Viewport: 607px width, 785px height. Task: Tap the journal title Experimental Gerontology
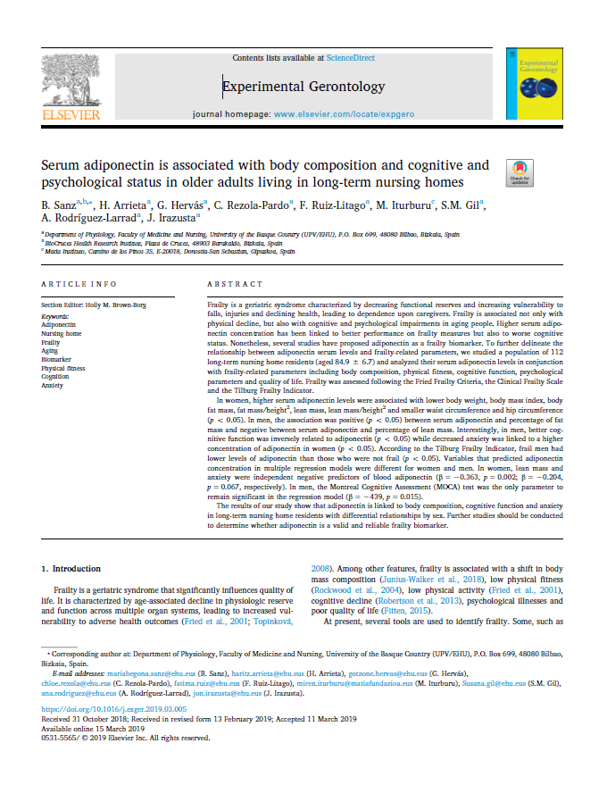pyautogui.click(x=303, y=87)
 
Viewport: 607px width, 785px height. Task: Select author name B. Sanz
pyautogui.click(x=60, y=205)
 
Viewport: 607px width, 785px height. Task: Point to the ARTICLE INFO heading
pyautogui.click(x=79, y=284)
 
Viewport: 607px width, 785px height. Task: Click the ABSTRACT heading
pyautogui.click(x=232, y=284)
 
